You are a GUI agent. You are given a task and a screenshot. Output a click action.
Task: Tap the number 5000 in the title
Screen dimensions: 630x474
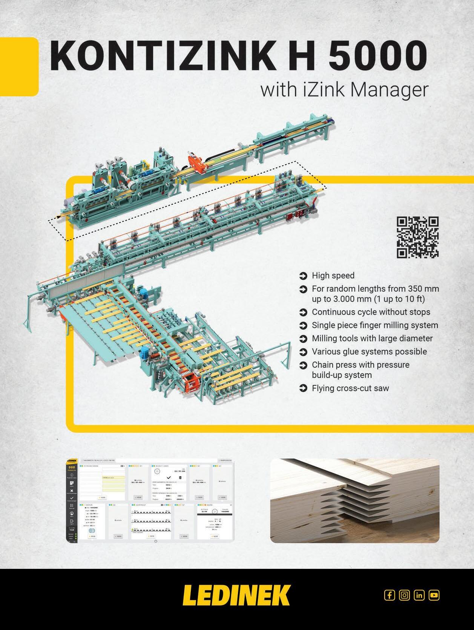click(378, 56)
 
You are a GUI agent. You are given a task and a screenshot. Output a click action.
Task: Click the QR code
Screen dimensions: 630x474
click(418, 237)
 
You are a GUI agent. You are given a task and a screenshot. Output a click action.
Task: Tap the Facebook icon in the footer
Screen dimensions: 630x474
click(390, 595)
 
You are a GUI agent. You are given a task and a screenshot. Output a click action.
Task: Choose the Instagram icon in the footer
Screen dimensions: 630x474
click(404, 595)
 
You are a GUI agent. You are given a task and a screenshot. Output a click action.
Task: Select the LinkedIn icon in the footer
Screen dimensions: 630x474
click(419, 595)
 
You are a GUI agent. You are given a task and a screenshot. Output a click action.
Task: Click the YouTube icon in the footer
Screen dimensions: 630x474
click(434, 595)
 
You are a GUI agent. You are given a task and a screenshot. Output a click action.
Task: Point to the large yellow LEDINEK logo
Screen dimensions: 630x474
click(236, 595)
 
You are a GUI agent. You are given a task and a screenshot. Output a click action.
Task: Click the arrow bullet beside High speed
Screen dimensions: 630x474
click(303, 276)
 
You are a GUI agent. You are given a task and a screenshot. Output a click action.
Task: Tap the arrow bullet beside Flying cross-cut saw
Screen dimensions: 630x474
click(303, 388)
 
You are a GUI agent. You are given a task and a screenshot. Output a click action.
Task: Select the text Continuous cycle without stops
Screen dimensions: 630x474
click(371, 312)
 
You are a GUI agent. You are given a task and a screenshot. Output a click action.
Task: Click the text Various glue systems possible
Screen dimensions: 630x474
click(369, 352)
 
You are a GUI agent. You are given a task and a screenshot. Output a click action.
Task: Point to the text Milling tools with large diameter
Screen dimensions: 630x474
click(372, 339)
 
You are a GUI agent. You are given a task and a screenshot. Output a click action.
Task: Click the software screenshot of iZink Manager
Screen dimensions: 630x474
click(150, 501)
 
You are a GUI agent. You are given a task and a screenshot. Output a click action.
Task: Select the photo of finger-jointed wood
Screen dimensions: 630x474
click(355, 501)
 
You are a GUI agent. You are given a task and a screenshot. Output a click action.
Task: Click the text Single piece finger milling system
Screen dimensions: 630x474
click(375, 325)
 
